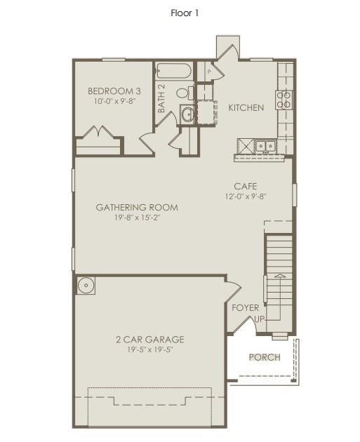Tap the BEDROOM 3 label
[x=114, y=91]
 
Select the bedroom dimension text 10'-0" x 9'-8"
[x=114, y=101]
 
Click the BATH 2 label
[x=161, y=99]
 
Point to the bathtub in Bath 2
[x=173, y=71]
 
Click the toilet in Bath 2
[x=182, y=93]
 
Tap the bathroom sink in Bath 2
[x=187, y=114]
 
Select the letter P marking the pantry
[x=208, y=72]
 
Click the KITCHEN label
[x=246, y=107]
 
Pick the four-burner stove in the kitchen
[x=284, y=100]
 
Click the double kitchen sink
[x=265, y=145]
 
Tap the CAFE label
[x=246, y=186]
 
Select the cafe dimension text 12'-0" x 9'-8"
[x=246, y=196]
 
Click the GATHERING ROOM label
[x=137, y=207]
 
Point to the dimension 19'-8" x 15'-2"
[x=137, y=217]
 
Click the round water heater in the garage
[x=86, y=285]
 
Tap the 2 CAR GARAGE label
[x=150, y=340]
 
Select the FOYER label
[x=245, y=307]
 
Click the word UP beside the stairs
[x=259, y=319]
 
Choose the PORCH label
[x=265, y=357]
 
